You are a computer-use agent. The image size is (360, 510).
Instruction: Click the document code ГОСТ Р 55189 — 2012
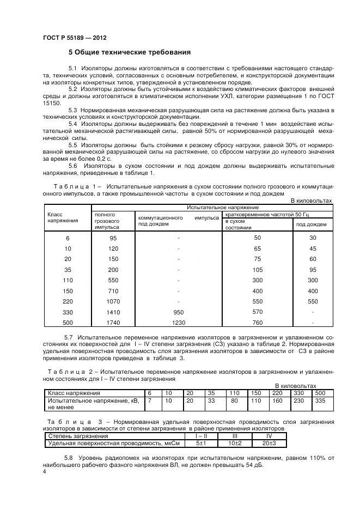click(74, 38)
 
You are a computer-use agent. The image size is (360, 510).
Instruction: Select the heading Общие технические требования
click(129, 53)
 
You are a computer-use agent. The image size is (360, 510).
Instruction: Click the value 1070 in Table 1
click(113, 301)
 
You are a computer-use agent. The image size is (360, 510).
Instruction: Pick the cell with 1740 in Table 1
click(113, 323)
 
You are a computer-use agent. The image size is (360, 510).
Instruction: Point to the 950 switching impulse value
click(178, 312)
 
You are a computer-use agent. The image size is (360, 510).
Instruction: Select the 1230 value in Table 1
click(178, 323)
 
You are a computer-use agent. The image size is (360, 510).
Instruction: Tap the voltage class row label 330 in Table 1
click(68, 312)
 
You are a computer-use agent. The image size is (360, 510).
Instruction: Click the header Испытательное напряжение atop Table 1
click(223, 208)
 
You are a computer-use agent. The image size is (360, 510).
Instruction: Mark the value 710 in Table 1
click(113, 291)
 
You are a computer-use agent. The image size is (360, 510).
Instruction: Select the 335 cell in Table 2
click(320, 400)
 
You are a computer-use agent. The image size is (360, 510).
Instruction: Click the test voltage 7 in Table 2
click(149, 400)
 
